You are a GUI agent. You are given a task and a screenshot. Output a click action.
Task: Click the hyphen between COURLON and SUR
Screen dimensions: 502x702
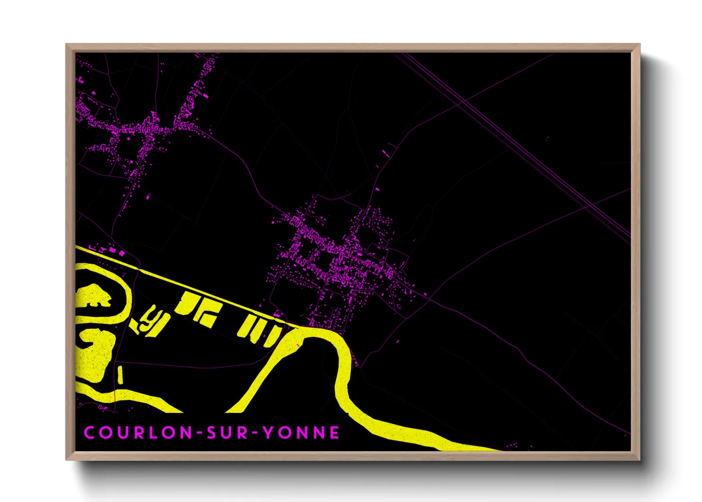(x=200, y=433)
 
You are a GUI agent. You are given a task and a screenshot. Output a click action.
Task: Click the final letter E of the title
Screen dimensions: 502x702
(x=335, y=433)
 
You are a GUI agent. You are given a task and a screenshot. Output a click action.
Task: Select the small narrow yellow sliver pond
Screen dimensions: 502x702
(x=120, y=375)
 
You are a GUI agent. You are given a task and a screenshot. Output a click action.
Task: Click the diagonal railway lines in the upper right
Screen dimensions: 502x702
(x=522, y=152)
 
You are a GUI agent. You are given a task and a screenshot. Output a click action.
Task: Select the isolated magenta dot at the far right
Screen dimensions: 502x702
(x=548, y=139)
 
